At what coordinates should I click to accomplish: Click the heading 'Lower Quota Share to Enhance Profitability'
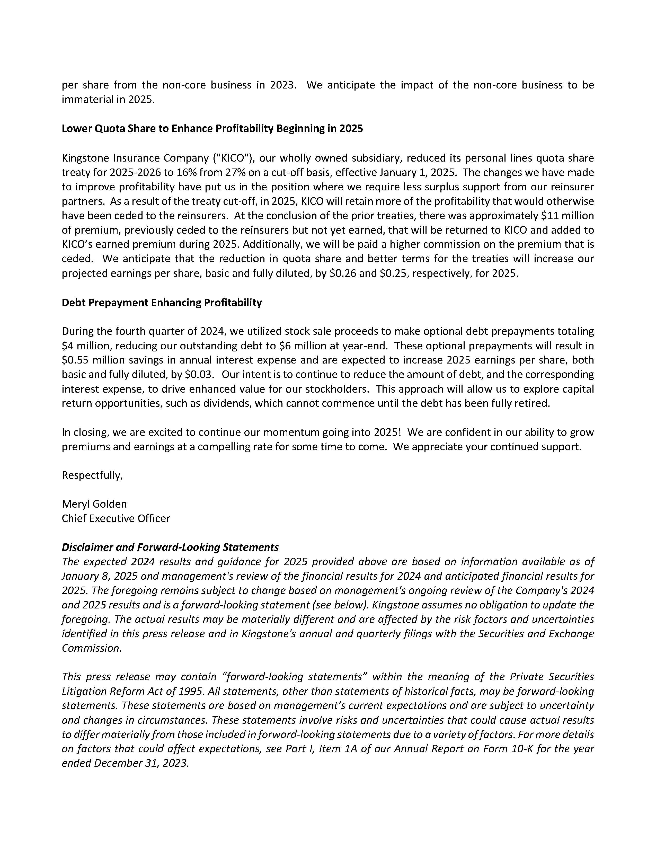[212, 129]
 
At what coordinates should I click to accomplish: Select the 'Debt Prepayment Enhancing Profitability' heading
[162, 303]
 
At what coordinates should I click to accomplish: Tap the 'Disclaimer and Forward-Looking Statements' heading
[170, 547]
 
